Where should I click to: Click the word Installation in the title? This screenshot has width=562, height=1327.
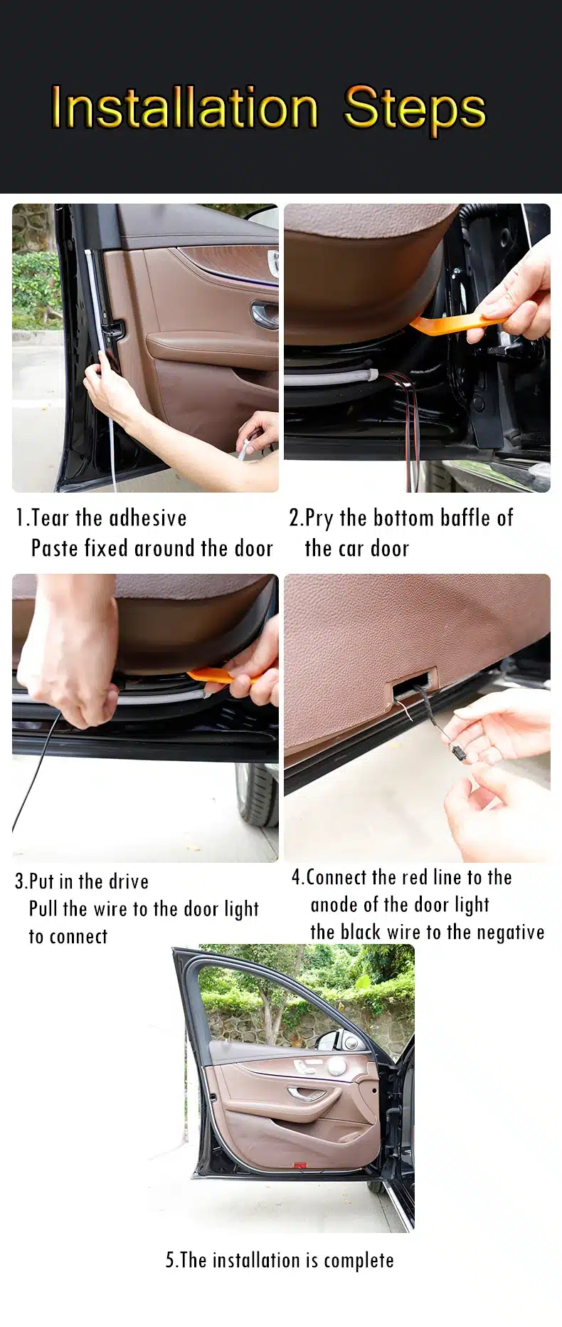184,107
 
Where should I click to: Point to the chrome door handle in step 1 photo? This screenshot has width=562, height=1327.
265,314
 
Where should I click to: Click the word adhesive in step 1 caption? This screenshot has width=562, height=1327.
148,518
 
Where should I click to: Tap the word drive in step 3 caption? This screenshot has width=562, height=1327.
129,881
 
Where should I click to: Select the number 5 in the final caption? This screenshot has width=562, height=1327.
170,1260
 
